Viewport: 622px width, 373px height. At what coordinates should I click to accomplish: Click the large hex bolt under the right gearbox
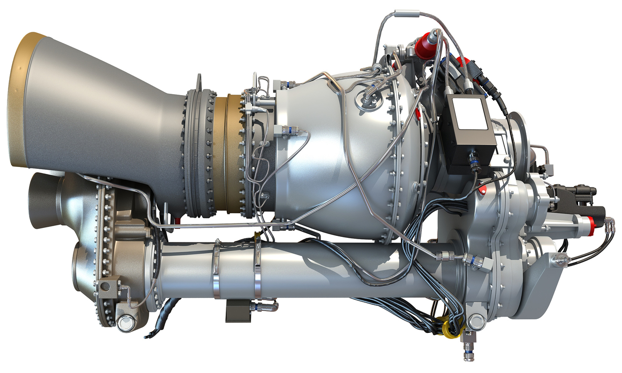[x=475, y=321]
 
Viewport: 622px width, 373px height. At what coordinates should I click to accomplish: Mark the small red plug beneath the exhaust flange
[x=178, y=219]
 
